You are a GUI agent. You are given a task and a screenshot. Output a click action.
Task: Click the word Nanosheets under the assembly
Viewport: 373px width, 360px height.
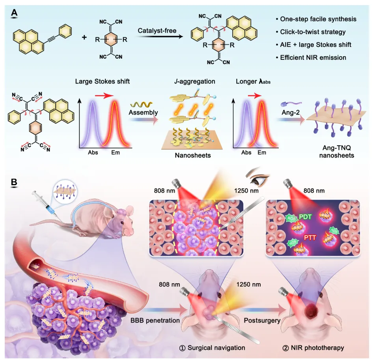[192, 156]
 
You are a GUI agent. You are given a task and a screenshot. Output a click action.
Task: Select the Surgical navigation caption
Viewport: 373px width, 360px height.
[212, 347]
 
